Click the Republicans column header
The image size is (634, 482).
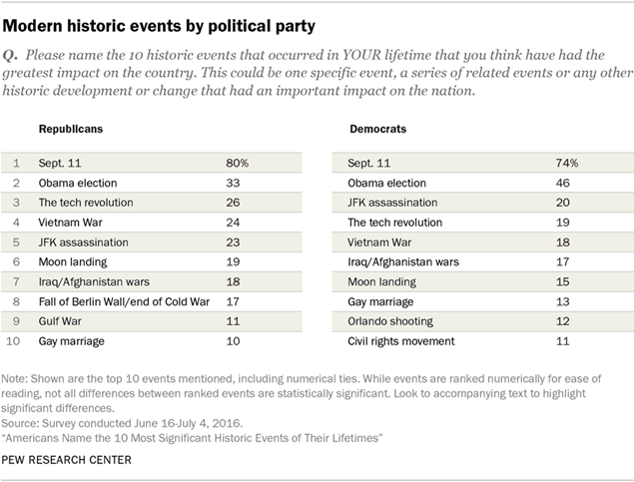point(71,130)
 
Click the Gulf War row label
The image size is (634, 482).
point(61,321)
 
